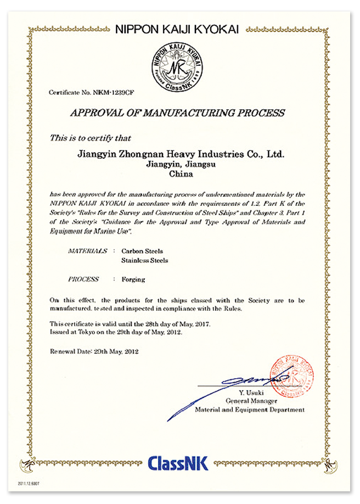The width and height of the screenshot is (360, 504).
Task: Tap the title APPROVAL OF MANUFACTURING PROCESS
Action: point(177,113)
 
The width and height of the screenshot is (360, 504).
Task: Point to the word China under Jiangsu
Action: point(182,174)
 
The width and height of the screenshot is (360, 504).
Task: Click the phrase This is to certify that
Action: point(91,138)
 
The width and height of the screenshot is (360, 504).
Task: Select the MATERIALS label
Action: point(87,250)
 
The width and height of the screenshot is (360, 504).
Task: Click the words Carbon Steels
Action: point(141,251)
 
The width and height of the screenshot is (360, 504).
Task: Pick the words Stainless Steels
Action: point(144,260)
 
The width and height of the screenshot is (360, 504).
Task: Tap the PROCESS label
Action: point(83,279)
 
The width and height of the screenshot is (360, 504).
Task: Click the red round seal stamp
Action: point(291,377)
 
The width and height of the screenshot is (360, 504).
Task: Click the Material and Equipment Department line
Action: point(250,410)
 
